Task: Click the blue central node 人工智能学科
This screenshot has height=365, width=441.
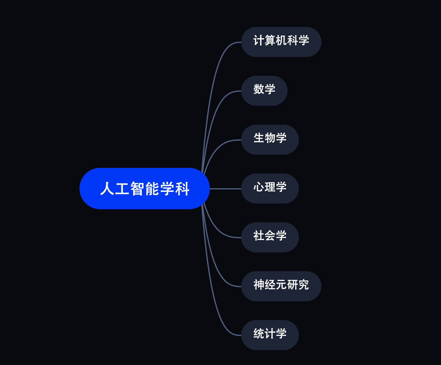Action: (x=144, y=188)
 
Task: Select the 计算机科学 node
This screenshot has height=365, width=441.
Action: (x=281, y=42)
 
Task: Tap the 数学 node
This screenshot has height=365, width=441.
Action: (x=264, y=91)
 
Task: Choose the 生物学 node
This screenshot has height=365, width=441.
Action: (x=270, y=140)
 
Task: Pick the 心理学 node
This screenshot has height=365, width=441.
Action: (x=270, y=188)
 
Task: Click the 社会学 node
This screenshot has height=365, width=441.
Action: (x=270, y=237)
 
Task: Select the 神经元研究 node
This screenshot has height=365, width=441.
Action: (x=281, y=286)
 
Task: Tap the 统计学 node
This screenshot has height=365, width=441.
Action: (x=270, y=335)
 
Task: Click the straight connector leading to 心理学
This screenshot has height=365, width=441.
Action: (x=225, y=189)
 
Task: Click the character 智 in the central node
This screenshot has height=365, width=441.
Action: (x=137, y=189)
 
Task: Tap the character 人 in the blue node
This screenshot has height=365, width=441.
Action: (x=107, y=189)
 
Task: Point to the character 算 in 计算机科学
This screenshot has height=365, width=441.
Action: (x=270, y=40)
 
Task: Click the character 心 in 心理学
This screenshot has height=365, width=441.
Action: (x=259, y=187)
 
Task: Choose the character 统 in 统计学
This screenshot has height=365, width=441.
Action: (x=259, y=334)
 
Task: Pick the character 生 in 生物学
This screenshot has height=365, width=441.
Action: (x=259, y=138)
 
